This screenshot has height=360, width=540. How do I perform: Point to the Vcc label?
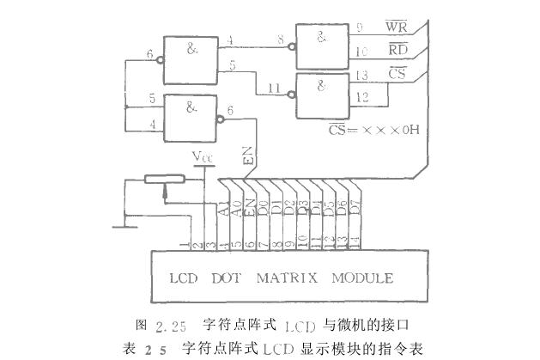203,157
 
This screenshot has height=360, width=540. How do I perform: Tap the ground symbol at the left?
125,226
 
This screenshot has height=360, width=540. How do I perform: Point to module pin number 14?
355,238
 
